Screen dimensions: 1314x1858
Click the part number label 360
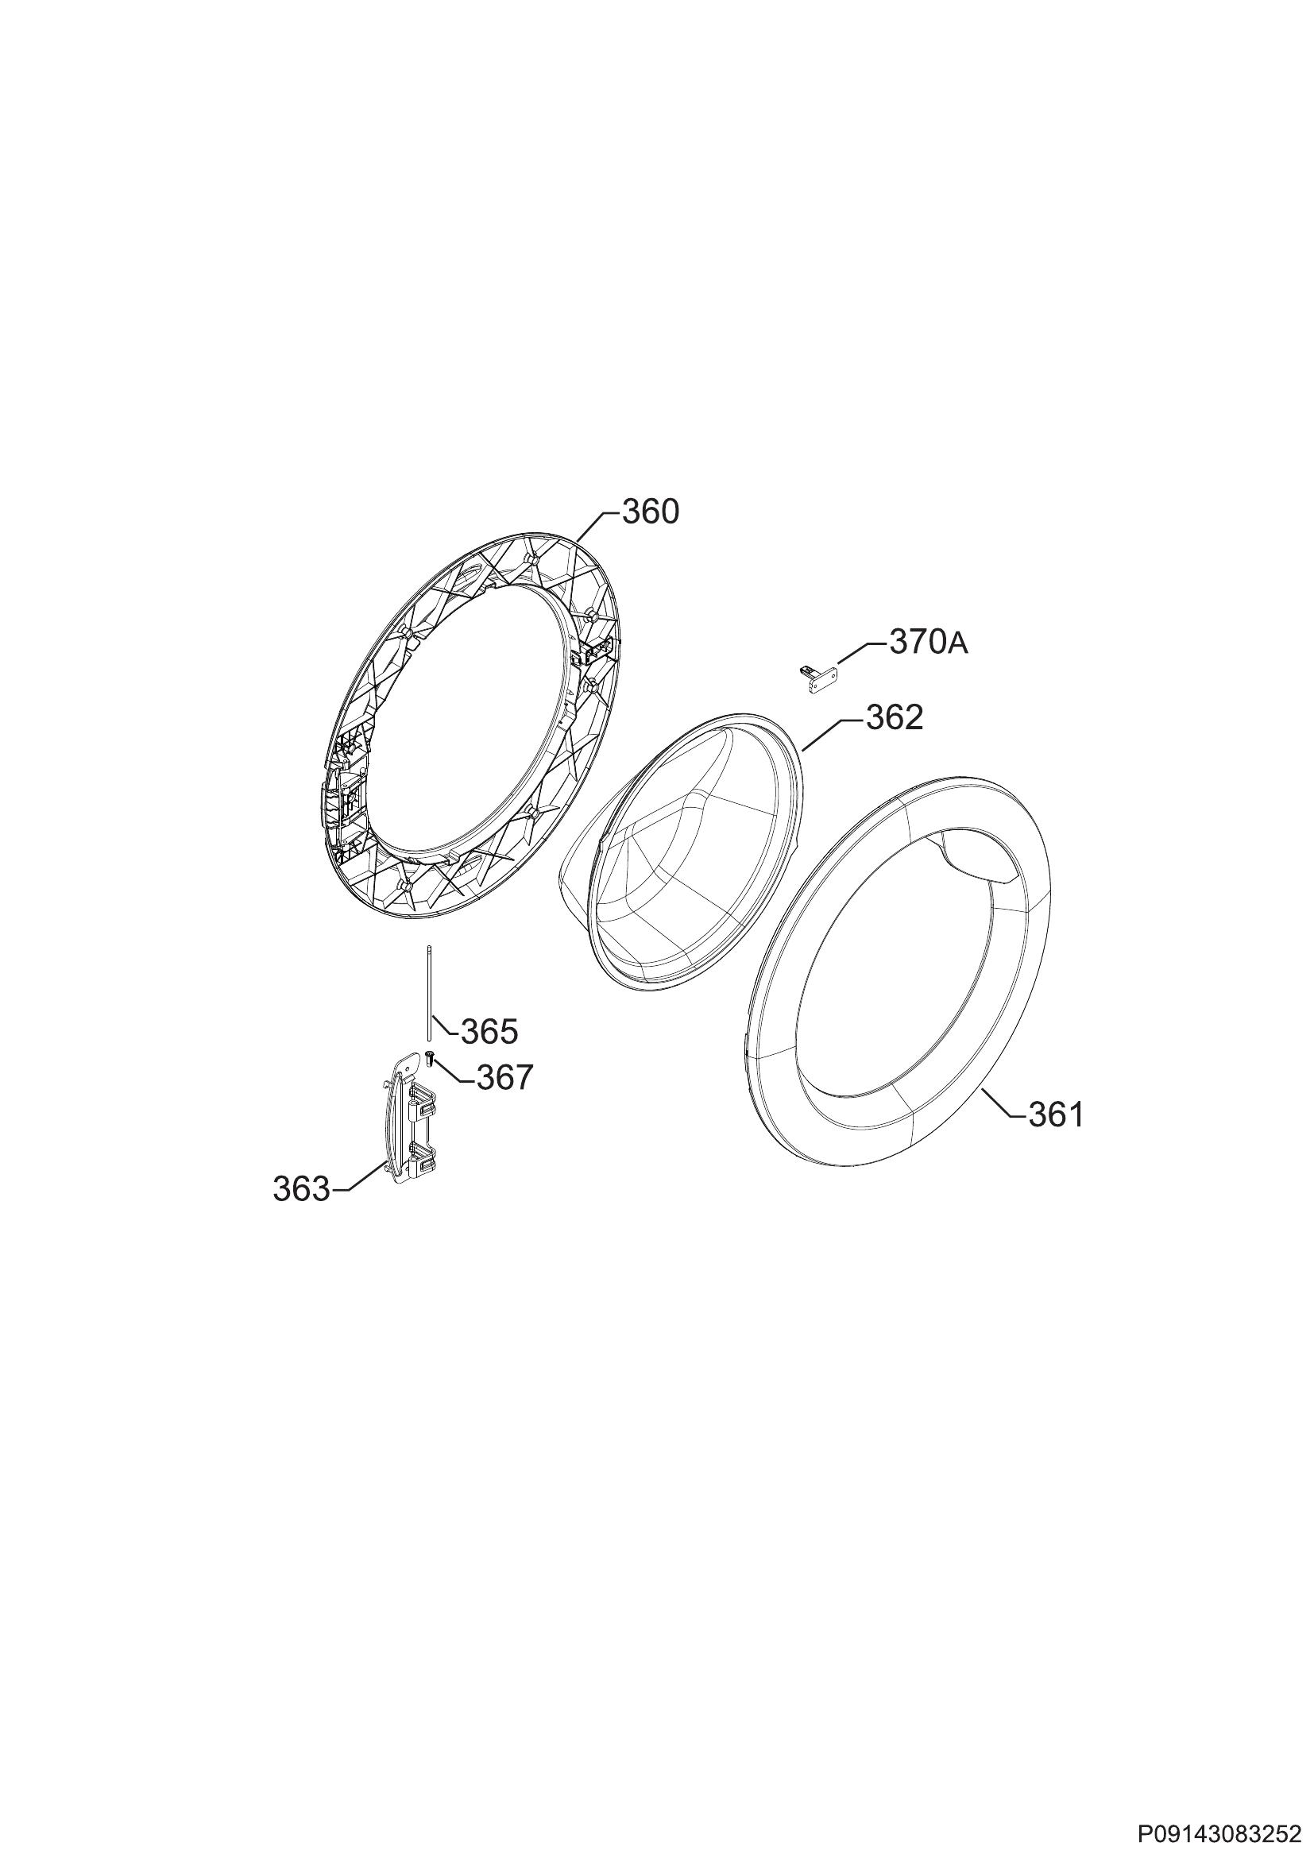[x=651, y=512]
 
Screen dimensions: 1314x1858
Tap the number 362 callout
[x=895, y=717]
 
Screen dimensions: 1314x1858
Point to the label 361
[x=1056, y=1116]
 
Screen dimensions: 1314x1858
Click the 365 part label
[x=489, y=1032]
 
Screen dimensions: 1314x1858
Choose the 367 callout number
[x=505, y=1077]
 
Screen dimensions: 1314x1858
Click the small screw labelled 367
[x=431, y=1056]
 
